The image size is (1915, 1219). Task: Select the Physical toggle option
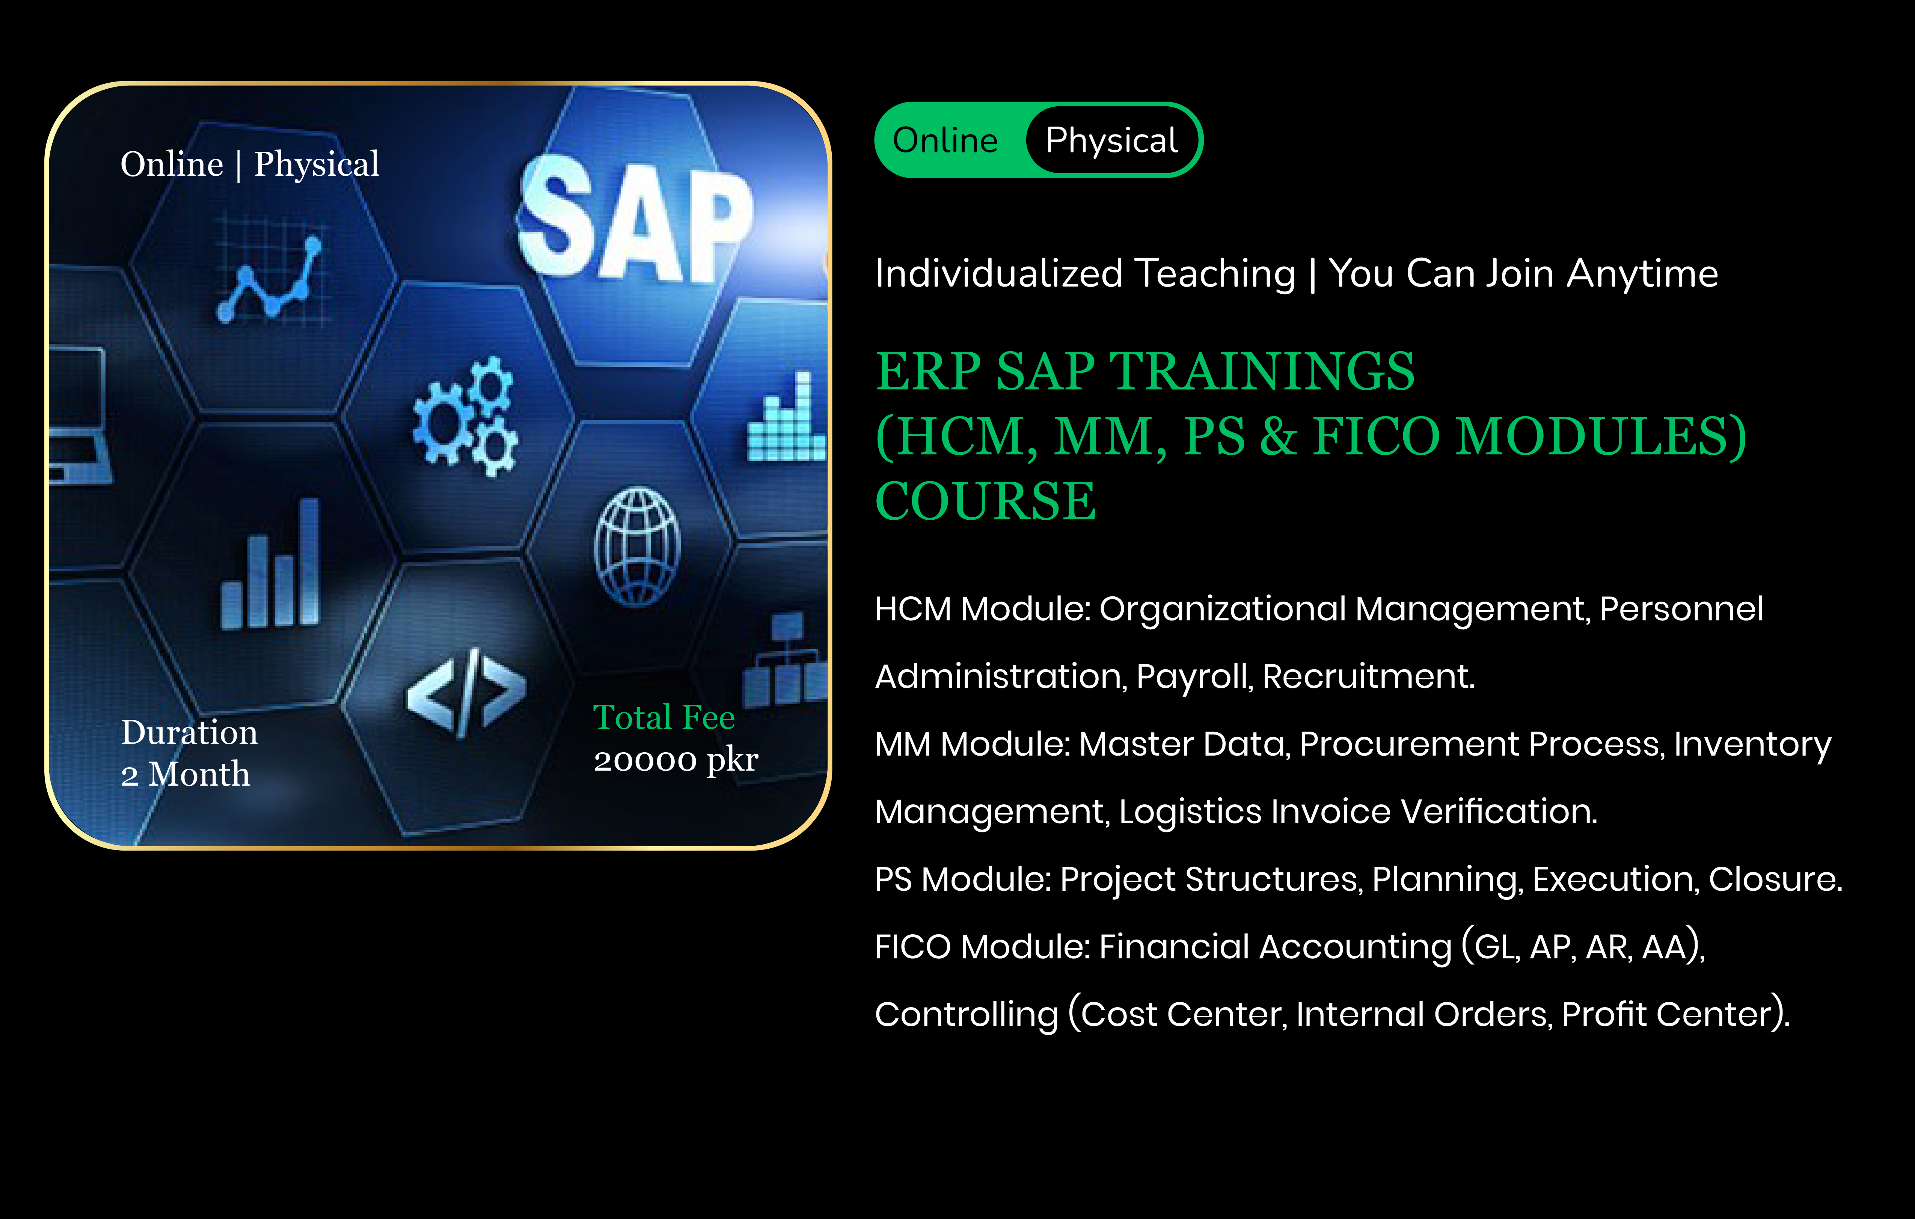click(1112, 141)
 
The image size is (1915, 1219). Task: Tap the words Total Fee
click(664, 717)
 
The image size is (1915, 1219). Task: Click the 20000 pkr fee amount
click(676, 760)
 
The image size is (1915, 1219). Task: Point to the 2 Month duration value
click(185, 774)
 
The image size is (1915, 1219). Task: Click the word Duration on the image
click(189, 732)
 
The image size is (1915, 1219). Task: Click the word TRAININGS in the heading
click(1262, 371)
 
